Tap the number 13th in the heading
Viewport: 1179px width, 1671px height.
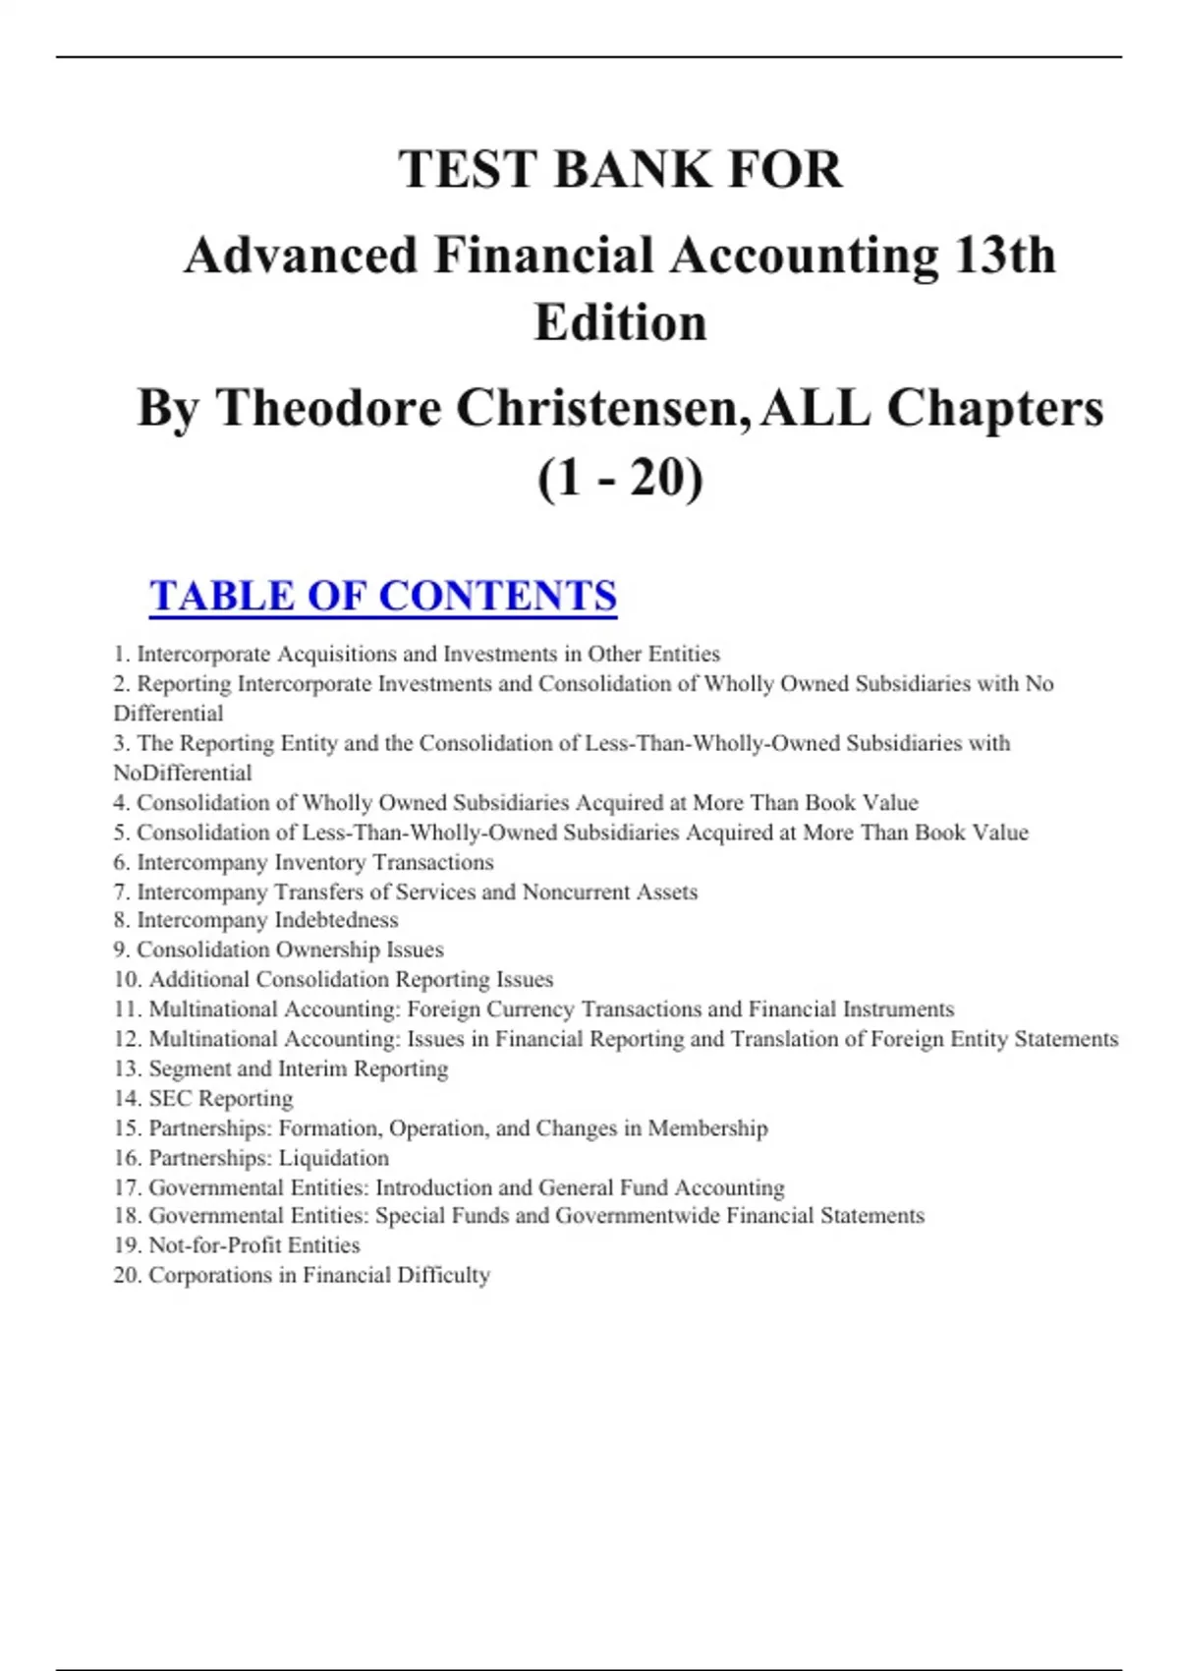[1004, 256]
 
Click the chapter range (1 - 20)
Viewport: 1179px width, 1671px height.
[620, 479]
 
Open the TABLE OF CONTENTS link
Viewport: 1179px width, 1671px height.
[383, 596]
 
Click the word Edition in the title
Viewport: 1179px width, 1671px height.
[620, 322]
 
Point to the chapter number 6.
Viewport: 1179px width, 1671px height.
[121, 862]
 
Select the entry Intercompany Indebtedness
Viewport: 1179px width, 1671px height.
[267, 920]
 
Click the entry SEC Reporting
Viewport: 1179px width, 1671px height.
[220, 1098]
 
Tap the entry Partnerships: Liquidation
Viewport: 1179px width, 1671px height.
[268, 1158]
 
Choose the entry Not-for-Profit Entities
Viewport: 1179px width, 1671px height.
[253, 1245]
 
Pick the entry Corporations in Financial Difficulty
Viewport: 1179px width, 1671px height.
[318, 1275]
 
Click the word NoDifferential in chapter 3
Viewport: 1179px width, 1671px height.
[183, 773]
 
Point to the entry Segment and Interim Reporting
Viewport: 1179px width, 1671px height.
[298, 1068]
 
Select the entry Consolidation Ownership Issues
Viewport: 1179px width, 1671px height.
[290, 950]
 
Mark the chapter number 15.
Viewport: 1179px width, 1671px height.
[127, 1128]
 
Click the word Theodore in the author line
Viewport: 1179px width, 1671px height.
[328, 408]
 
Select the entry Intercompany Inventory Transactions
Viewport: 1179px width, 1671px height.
[314, 862]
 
